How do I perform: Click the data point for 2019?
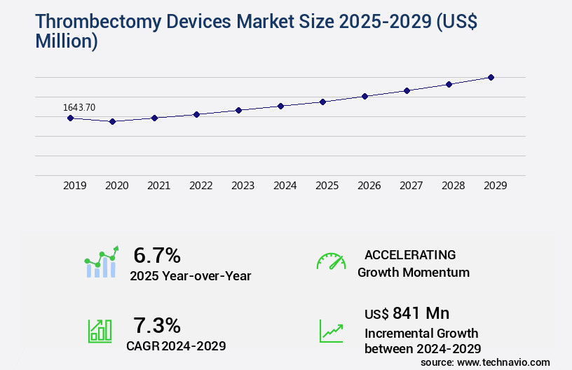pos(70,118)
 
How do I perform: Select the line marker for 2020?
pos(112,121)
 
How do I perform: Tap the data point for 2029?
pos(491,77)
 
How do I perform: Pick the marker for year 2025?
pos(322,102)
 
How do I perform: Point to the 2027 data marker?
pos(407,90)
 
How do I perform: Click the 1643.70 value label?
pos(79,107)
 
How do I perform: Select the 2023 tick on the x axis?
pos(243,186)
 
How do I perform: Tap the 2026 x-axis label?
pos(369,186)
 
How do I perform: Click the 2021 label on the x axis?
pos(158,186)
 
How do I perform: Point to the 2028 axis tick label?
pos(453,186)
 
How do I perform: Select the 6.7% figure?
pos(157,255)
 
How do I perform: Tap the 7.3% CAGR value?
pos(157,325)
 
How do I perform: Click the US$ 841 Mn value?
pos(407,313)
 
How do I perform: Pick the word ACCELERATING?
pos(410,255)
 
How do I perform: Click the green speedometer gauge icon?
pos(331,261)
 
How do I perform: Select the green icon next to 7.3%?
pos(100,331)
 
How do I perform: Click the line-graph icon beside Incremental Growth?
pos(331,331)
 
